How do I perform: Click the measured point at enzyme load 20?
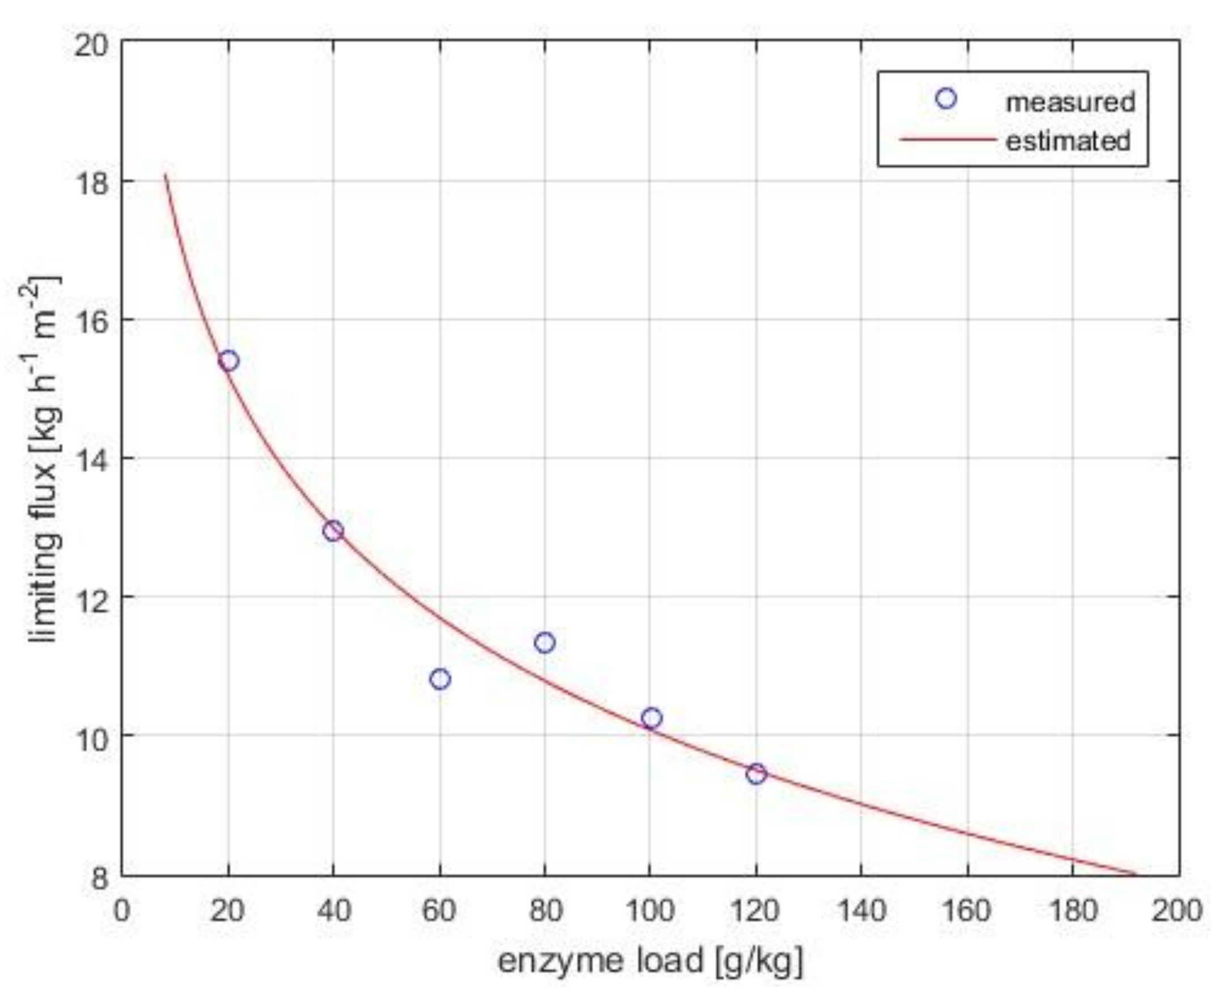pos(229,361)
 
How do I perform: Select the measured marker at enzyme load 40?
pos(333,531)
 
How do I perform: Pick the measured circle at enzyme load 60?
pos(440,679)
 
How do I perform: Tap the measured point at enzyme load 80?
pos(545,643)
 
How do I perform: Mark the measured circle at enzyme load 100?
pos(652,719)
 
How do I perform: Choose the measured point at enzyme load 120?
pos(756,774)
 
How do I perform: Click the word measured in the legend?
pos(1070,103)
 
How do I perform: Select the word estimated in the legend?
pos(1067,141)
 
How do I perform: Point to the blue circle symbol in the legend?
pos(946,99)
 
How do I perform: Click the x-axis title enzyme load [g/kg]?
pos(650,961)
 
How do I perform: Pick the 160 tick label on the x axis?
pos(967,911)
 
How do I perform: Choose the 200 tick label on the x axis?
pos(1177,911)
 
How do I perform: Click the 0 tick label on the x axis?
pos(121,911)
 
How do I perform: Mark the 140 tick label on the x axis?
pos(861,911)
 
